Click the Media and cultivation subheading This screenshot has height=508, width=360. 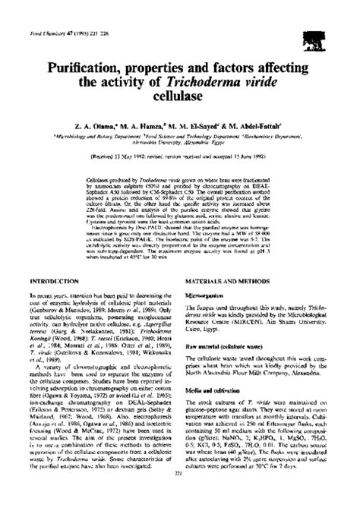tap(216, 390)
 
